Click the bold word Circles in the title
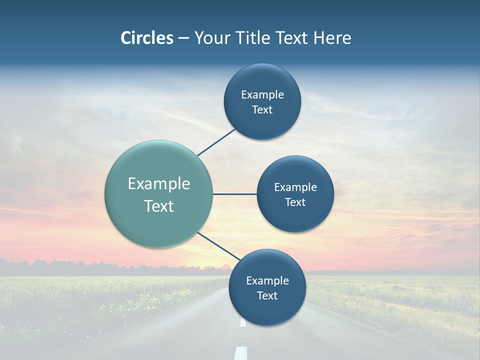point(146,38)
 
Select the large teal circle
point(158,194)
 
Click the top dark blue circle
point(262,101)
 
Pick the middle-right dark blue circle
point(295,194)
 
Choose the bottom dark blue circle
point(267,287)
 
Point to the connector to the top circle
point(216,142)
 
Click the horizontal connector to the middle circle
point(234,194)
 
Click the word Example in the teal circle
point(159,184)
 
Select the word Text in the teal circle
point(159,206)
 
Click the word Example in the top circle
point(262,94)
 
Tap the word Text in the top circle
point(262,109)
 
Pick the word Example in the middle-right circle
point(295,187)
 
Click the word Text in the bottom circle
point(267,295)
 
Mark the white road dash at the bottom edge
point(240,353)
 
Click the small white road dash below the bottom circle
point(243,322)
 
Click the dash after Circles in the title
point(183,38)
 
